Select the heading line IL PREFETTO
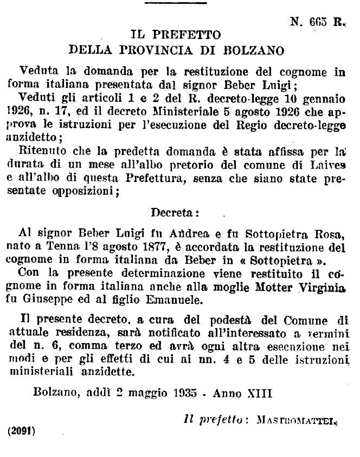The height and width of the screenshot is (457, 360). (x=176, y=35)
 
